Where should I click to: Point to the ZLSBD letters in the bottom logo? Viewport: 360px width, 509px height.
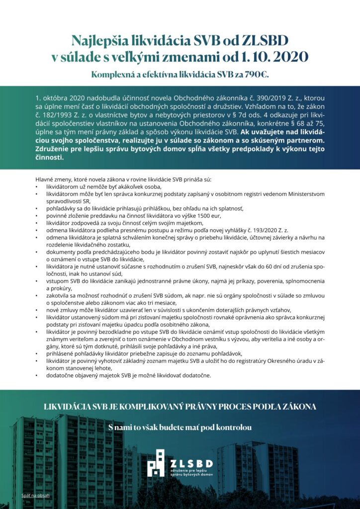coord(191,463)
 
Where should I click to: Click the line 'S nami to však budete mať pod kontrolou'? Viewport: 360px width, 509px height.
coord(180,427)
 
